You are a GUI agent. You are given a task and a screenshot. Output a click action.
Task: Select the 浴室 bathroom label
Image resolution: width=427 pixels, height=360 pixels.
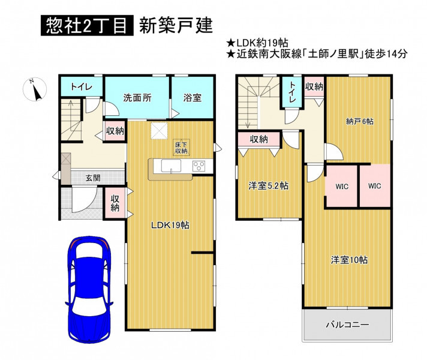click(x=193, y=98)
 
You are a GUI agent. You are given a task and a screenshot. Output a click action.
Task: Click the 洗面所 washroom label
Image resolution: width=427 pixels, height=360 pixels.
click(x=137, y=98)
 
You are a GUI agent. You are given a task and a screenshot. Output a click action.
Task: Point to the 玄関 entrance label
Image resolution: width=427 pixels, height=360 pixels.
click(x=93, y=178)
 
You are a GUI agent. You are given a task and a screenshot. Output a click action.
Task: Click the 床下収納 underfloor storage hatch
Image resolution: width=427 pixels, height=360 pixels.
click(x=182, y=148)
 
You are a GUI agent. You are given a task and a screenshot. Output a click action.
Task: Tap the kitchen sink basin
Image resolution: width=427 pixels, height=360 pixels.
click(x=171, y=166)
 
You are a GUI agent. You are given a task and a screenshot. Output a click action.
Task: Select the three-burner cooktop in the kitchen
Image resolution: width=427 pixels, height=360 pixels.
click(x=199, y=166)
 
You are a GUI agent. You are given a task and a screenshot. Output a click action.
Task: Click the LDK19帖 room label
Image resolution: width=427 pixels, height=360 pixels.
click(x=170, y=225)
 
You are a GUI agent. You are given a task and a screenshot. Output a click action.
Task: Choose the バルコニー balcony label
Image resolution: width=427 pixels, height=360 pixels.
click(x=347, y=325)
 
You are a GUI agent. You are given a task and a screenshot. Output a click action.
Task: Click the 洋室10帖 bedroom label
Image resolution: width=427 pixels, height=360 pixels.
click(x=350, y=260)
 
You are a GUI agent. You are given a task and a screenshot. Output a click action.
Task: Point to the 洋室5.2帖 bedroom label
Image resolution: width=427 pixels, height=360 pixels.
click(x=269, y=186)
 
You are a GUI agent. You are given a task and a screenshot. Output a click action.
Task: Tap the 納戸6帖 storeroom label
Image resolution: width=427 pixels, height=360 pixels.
click(x=360, y=121)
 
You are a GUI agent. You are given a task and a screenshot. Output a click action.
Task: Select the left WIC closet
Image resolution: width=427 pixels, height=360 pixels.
click(x=341, y=187)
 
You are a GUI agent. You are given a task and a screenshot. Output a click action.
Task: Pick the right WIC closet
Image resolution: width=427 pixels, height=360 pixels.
click(x=375, y=186)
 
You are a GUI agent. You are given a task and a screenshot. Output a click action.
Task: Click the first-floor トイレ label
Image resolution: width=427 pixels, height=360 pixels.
click(x=82, y=87)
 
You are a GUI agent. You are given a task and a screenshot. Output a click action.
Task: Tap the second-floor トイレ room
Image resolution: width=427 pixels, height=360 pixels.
click(x=291, y=92)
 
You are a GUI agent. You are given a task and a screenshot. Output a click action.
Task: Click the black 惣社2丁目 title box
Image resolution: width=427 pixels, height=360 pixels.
click(x=87, y=26)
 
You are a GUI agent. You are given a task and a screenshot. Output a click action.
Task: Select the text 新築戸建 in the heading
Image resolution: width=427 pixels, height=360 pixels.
click(x=176, y=26)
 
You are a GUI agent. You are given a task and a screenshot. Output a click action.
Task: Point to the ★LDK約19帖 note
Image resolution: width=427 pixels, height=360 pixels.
click(x=257, y=43)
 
